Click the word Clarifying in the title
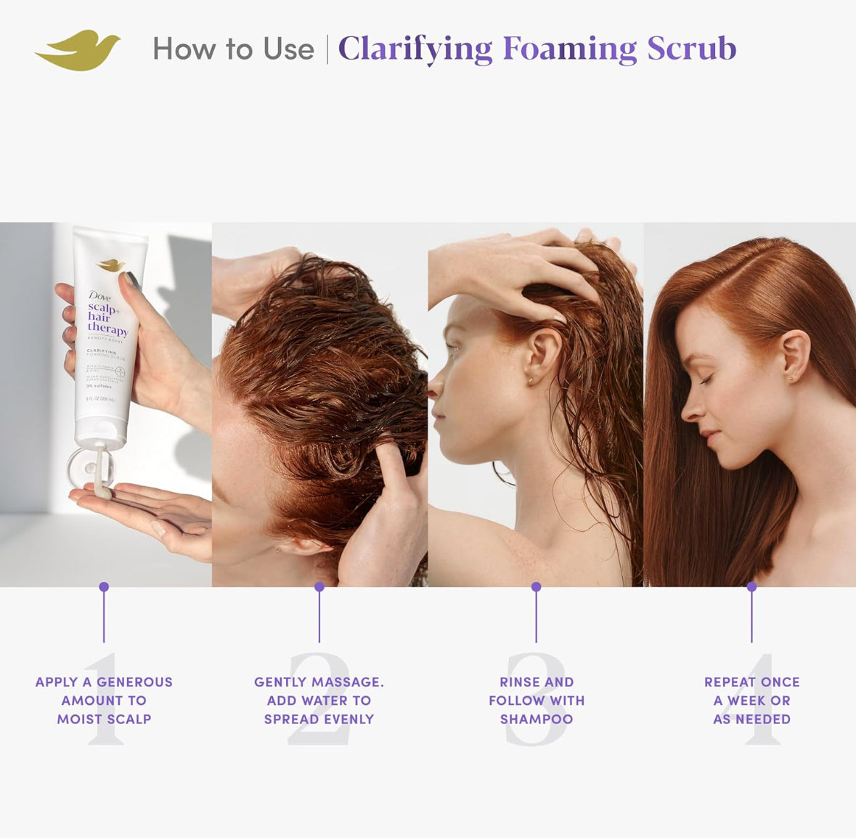pyautogui.click(x=415, y=49)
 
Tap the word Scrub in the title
pyautogui.click(x=691, y=49)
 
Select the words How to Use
pyautogui.click(x=233, y=49)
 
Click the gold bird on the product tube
pyautogui.click(x=111, y=266)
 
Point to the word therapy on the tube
pyautogui.click(x=107, y=329)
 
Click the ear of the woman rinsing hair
pyautogui.click(x=543, y=355)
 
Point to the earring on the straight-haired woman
pyautogui.click(x=789, y=379)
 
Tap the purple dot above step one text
pyautogui.click(x=104, y=586)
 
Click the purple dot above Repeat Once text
pyautogui.click(x=751, y=586)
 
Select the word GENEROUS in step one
pyautogui.click(x=134, y=682)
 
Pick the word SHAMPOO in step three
pyautogui.click(x=536, y=719)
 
